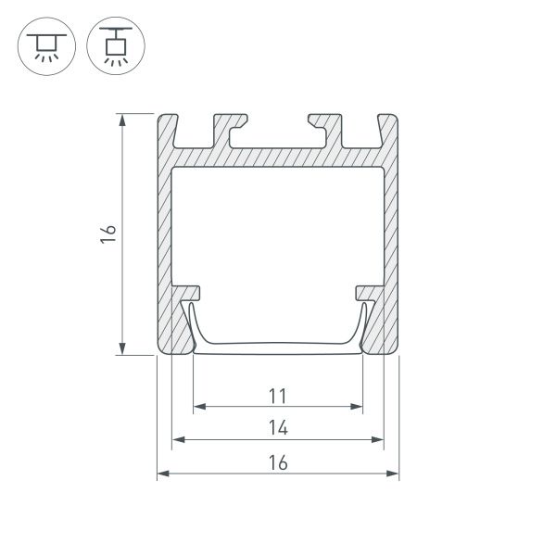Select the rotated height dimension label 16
(x=107, y=233)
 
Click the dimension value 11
(x=277, y=397)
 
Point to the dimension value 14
(x=277, y=428)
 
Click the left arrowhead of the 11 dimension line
(x=198, y=406)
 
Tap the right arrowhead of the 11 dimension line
(x=357, y=406)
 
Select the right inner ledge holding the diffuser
(x=368, y=292)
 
